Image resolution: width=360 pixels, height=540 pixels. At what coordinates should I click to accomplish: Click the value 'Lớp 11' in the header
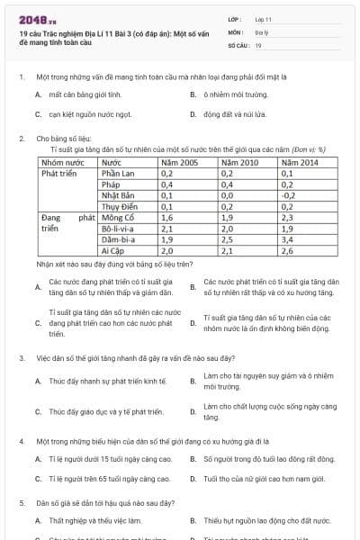(x=265, y=18)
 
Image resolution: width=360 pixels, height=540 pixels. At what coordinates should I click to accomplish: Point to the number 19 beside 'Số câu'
(x=258, y=44)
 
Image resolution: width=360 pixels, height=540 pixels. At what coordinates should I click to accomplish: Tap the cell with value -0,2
(x=289, y=193)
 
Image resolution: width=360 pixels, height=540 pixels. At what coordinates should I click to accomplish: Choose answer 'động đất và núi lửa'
(x=233, y=115)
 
